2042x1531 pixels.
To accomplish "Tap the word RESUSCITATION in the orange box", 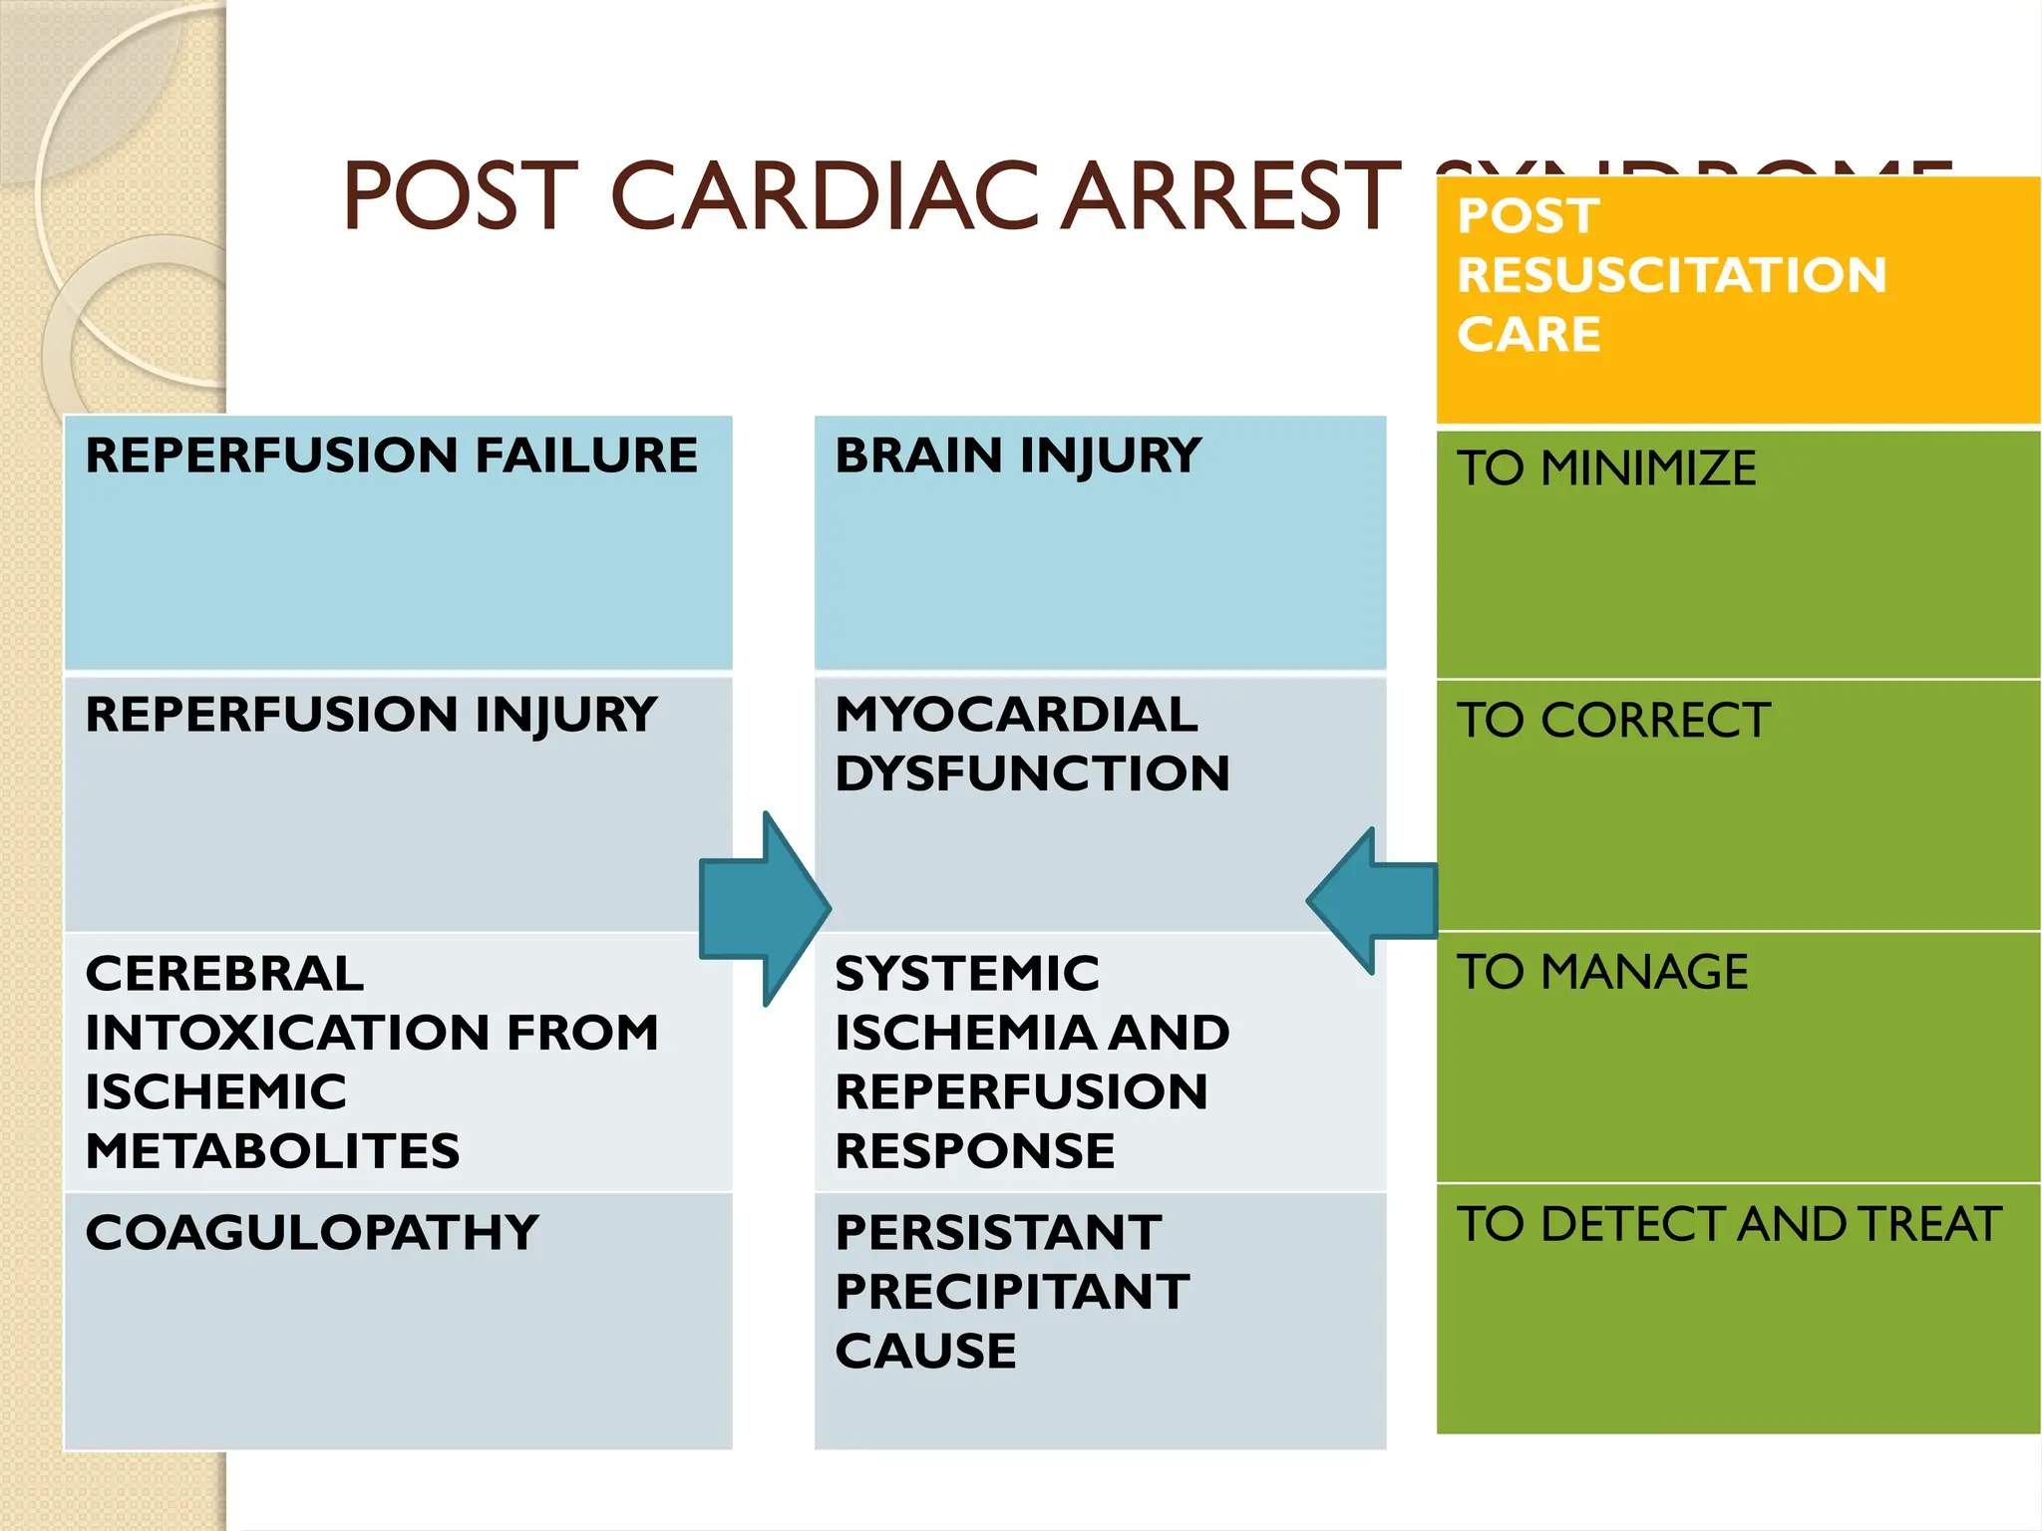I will click(x=1671, y=275).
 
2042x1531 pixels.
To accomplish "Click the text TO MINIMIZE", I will click(x=1606, y=468).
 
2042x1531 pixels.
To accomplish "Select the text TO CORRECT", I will click(x=1613, y=721).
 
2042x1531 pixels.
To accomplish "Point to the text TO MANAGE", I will click(x=1602, y=972).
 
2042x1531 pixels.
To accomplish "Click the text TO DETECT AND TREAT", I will click(x=1729, y=1224).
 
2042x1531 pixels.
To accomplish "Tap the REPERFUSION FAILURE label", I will click(x=391, y=456).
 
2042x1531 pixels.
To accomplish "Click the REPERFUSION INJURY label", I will click(x=371, y=715).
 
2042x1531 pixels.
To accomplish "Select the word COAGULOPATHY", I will click(x=312, y=1233).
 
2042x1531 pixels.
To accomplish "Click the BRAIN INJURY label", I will click(x=1018, y=456).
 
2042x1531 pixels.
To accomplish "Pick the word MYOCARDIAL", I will click(x=1016, y=715).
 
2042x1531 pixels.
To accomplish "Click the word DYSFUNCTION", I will click(x=1032, y=773).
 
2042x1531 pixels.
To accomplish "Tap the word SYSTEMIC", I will click(x=967, y=974).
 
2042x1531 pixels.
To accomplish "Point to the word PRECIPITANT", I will click(x=1012, y=1293).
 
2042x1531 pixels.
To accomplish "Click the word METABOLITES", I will click(x=272, y=1151).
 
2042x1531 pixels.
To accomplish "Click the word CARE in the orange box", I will click(x=1529, y=334).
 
